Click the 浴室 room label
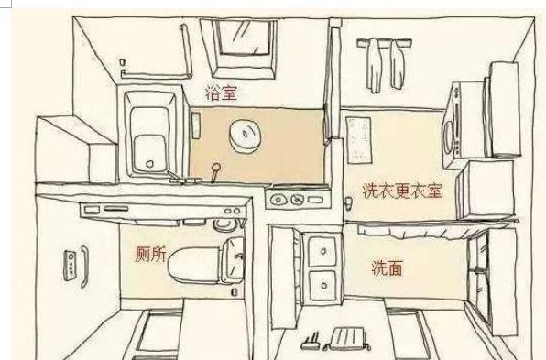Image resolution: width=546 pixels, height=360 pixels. click(226, 92)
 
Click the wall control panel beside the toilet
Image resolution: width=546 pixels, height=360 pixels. click(70, 263)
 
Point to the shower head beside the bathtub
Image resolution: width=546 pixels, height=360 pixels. click(216, 170)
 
